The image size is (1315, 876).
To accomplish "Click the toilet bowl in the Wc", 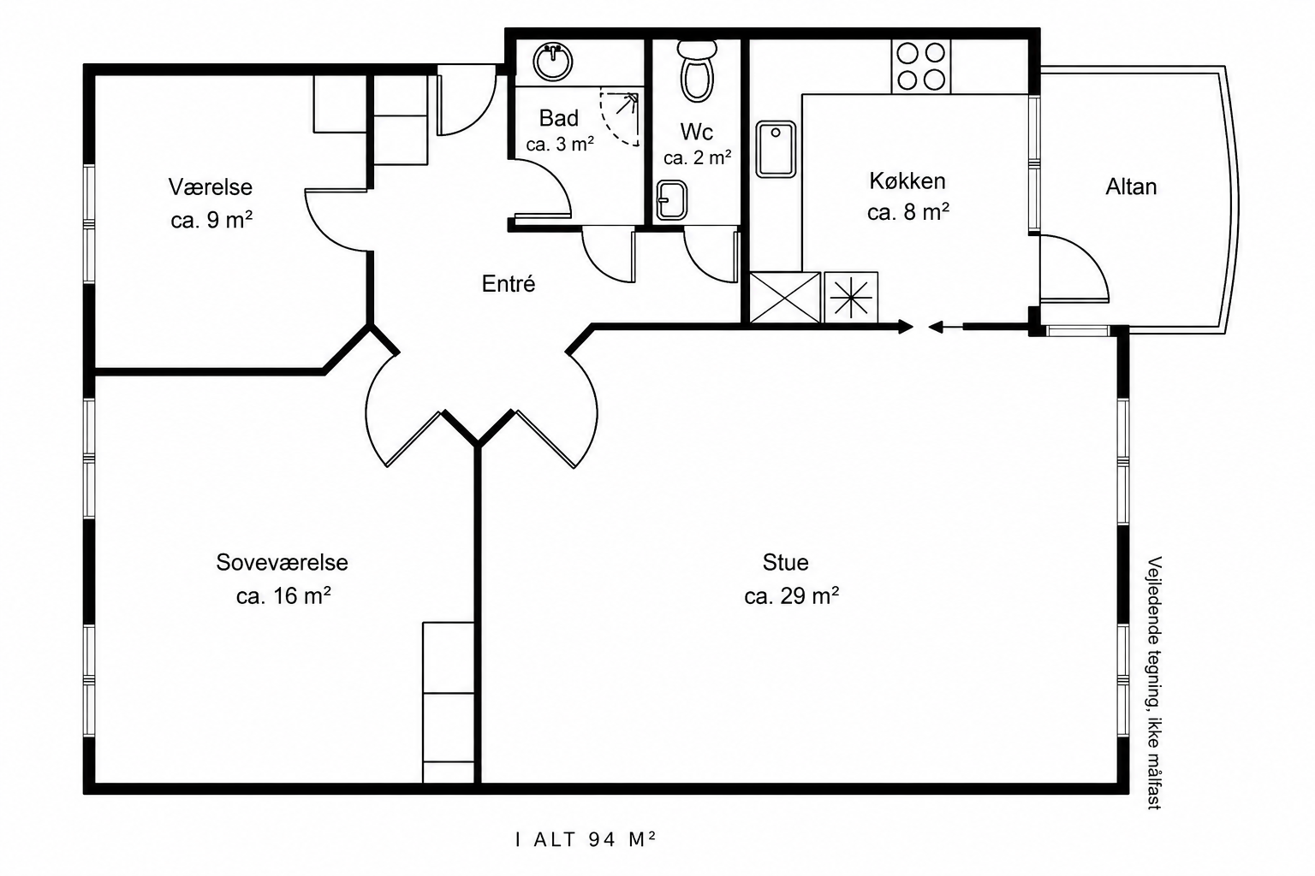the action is (x=697, y=78).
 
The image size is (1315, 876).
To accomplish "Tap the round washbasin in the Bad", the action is (x=552, y=62).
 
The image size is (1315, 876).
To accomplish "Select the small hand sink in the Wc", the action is (x=671, y=200).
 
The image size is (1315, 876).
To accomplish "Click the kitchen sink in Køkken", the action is (x=776, y=149).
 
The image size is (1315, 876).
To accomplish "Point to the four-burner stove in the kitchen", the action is (x=920, y=66).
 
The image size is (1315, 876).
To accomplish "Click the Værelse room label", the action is (x=210, y=187).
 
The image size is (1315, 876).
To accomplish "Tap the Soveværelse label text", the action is (x=282, y=562).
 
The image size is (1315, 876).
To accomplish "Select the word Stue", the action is (x=785, y=562).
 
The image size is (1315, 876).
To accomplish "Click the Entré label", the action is (x=509, y=284).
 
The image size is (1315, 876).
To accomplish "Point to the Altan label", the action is (x=1131, y=186).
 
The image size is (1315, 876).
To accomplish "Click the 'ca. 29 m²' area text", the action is (x=791, y=595).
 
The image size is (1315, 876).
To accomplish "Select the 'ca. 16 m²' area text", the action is (x=283, y=595).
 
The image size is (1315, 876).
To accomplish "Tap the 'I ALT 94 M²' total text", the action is (x=586, y=839).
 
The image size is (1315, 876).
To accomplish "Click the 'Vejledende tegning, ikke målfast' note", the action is (x=1155, y=683).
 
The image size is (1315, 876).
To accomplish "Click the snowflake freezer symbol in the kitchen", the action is (x=851, y=297).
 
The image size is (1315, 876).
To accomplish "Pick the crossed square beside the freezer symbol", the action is (x=785, y=297).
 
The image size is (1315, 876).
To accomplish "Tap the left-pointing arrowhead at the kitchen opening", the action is (x=936, y=327).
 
